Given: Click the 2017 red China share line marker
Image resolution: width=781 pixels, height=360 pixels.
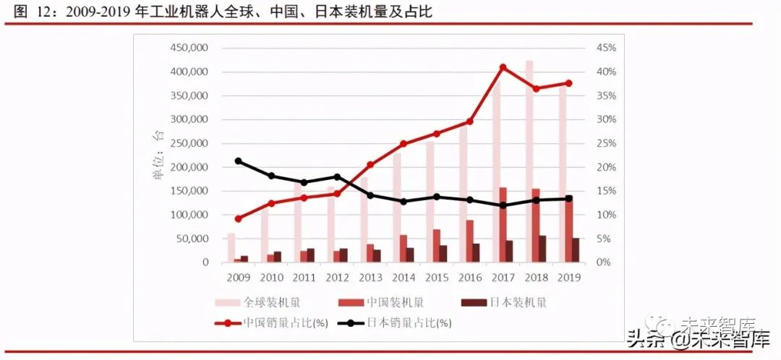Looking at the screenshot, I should [503, 67].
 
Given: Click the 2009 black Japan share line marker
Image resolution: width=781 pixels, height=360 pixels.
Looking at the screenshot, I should [239, 161].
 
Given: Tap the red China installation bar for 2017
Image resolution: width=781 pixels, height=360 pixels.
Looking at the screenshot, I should [503, 225].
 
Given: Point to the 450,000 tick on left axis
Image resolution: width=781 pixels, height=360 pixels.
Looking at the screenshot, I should [189, 48].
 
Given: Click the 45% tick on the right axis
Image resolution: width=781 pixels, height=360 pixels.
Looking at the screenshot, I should [606, 48].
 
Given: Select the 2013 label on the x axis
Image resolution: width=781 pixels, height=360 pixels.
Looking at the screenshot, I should [371, 277].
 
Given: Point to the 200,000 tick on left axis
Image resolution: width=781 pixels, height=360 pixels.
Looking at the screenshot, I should [189, 167].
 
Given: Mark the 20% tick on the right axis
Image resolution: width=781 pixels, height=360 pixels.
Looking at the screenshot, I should [606, 167].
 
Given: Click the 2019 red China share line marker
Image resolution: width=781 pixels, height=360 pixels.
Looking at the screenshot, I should [568, 83].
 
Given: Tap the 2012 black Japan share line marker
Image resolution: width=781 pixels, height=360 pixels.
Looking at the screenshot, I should [338, 177].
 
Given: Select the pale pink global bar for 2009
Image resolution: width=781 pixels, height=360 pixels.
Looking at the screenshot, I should [231, 247].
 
